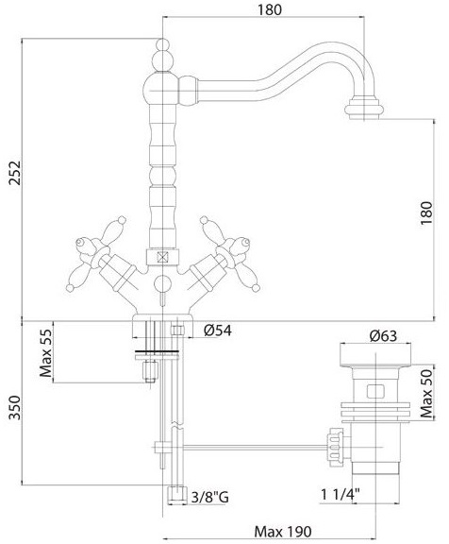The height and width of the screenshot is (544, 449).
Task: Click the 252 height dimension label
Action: tap(15, 173)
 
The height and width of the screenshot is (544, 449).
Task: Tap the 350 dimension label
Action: tap(15, 407)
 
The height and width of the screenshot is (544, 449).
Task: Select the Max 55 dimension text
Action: tap(46, 353)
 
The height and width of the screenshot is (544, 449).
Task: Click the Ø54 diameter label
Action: tap(218, 331)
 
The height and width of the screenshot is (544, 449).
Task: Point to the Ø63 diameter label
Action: tap(384, 335)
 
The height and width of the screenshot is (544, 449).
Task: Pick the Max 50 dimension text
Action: tap(426, 394)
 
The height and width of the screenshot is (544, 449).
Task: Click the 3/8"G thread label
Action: tap(210, 498)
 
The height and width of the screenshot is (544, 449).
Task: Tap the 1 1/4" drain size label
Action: tap(340, 494)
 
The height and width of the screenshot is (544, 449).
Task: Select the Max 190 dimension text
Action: tap(283, 532)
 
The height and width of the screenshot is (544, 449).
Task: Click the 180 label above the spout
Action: tap(269, 9)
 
